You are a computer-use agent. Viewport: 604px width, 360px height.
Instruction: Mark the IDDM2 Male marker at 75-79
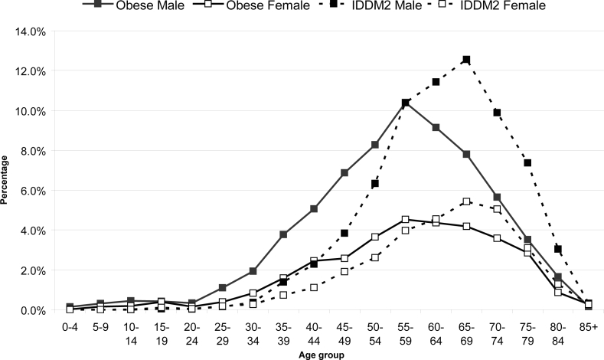(x=527, y=162)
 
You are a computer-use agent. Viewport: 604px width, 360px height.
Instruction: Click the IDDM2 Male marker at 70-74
(x=497, y=113)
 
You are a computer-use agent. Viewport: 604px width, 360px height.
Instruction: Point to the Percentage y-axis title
(x=6, y=171)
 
